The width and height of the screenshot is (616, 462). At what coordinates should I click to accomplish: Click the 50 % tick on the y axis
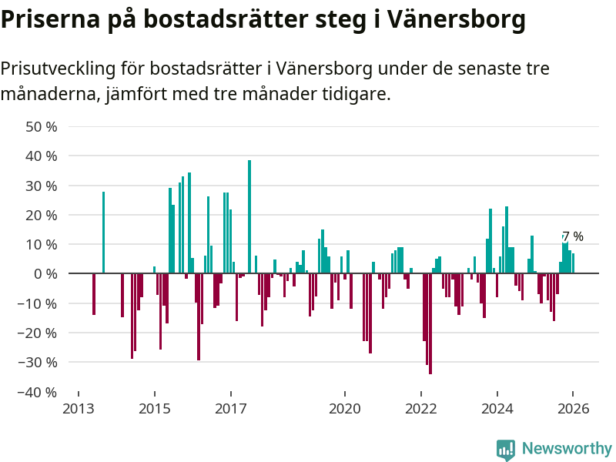42,126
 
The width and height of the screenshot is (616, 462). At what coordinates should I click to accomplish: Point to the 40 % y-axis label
42,156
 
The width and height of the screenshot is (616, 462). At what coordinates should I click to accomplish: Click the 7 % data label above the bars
572,236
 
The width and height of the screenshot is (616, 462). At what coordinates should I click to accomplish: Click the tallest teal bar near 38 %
249,216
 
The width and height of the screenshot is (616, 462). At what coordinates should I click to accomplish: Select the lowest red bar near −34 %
430,323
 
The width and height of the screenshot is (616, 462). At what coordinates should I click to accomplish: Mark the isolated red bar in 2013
94,293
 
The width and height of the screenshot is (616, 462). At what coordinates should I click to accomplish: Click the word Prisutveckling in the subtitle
56,69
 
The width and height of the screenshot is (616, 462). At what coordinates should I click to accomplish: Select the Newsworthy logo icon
506,450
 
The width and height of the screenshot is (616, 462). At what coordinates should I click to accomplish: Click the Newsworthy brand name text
567,448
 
